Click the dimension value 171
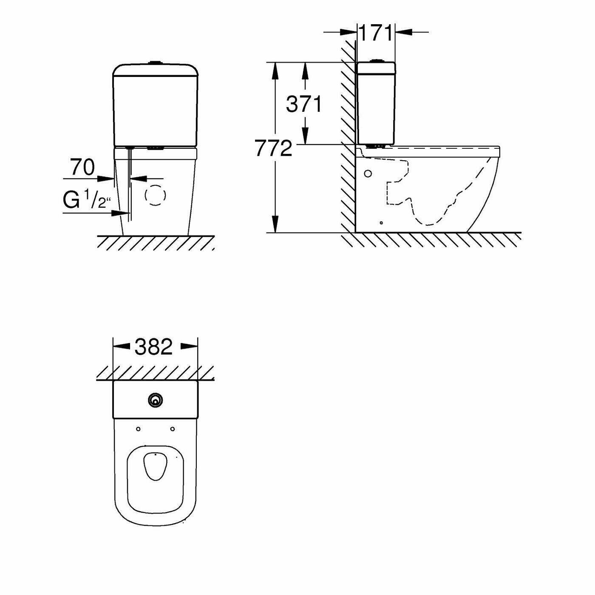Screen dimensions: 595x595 pos(376,33)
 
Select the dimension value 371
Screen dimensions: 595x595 pos(304,104)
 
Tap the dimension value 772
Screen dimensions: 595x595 pos(274,148)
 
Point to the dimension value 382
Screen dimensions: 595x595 pos(154,347)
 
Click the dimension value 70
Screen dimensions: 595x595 pos(82,167)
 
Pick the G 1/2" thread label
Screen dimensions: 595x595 pos(87,200)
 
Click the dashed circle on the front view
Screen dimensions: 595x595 pos(155,195)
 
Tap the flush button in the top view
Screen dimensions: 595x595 pos(155,399)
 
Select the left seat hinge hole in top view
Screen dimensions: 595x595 pos(138,429)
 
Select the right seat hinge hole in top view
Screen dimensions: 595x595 pos(173,429)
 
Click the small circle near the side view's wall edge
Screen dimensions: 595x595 pos(368,173)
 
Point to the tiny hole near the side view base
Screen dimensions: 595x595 pos(381,222)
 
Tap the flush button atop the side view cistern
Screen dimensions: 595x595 pos(377,61)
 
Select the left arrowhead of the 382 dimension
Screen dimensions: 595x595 pos(121,346)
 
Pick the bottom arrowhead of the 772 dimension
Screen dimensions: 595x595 pos(275,225)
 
